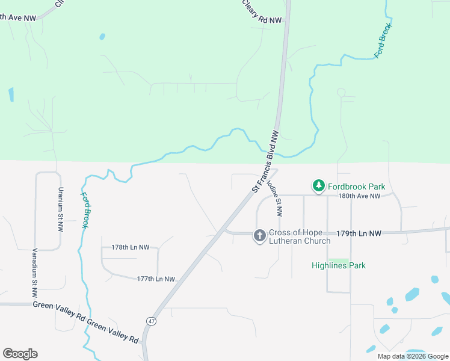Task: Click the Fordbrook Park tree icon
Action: pyautogui.click(x=318, y=187)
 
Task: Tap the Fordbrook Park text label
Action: pyautogui.click(x=356, y=187)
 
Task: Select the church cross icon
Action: pyautogui.click(x=260, y=235)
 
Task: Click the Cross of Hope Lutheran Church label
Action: pyautogui.click(x=300, y=237)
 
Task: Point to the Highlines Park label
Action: pyautogui.click(x=339, y=265)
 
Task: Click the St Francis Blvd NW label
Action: pyautogui.click(x=266, y=161)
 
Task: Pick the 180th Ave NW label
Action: pyautogui.click(x=359, y=196)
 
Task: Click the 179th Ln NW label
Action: pyautogui.click(x=359, y=233)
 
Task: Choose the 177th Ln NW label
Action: pyautogui.click(x=156, y=279)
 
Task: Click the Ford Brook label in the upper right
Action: pyautogui.click(x=383, y=40)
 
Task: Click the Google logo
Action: pyautogui.click(x=20, y=354)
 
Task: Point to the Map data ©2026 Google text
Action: pyautogui.click(x=412, y=356)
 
